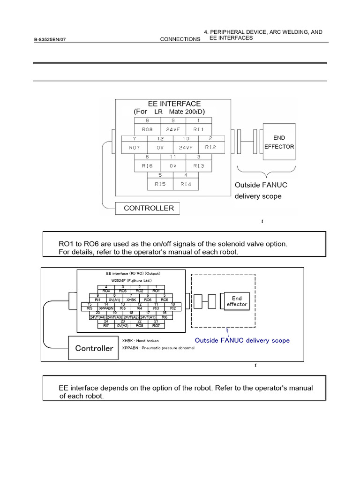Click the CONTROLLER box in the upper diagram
pos(148,208)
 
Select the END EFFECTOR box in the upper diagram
pos(279,142)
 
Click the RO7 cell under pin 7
pos(134,147)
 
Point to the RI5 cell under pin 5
pos(160,184)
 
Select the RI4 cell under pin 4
pos(186,184)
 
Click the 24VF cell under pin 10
pos(186,147)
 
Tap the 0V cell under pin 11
pos(173,165)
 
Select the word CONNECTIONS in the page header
pos(180,39)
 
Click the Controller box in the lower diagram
pos(94,348)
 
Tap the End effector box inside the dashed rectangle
pos(237,301)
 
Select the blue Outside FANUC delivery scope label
pos(242,340)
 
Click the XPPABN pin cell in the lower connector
pos(106,308)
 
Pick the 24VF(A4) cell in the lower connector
pos(98,317)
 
